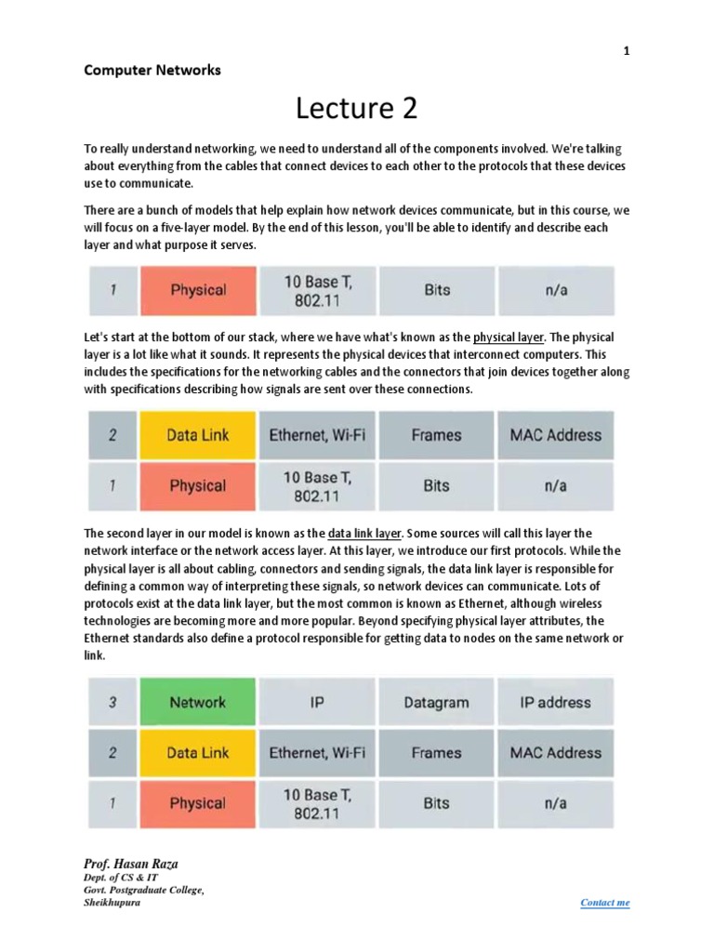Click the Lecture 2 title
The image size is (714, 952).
click(357, 109)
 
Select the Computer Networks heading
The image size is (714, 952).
click(152, 70)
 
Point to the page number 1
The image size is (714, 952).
click(627, 51)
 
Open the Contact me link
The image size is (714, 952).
click(604, 903)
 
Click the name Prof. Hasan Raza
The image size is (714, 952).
click(131, 864)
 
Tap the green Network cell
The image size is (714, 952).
click(197, 703)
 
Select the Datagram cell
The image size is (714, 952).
click(436, 703)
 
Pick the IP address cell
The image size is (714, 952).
click(555, 703)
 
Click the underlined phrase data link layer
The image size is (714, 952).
click(364, 534)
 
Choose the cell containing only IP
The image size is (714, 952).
click(317, 703)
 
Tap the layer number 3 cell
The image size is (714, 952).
click(112, 703)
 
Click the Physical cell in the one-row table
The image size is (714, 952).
click(197, 290)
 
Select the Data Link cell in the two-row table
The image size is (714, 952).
click(197, 435)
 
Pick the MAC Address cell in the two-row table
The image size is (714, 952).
click(555, 435)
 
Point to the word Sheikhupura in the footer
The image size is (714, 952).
click(112, 903)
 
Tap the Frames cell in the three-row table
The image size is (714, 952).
click(436, 753)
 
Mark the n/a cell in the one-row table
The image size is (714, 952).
click(555, 290)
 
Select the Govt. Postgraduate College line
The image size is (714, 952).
click(143, 891)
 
